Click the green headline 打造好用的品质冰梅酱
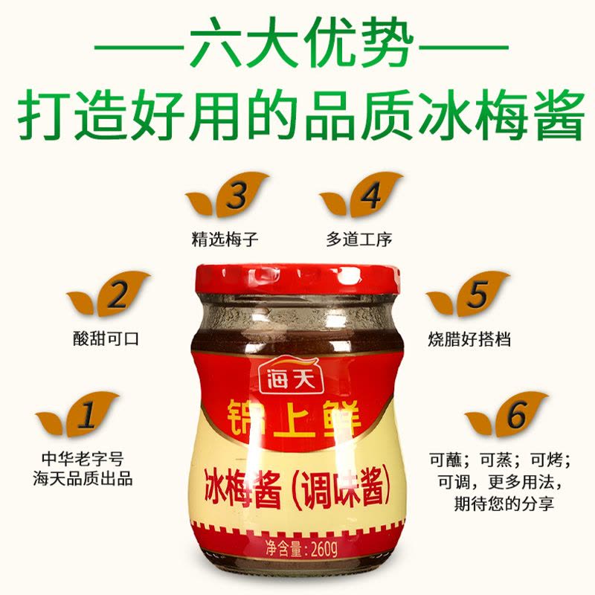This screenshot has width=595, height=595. point(300,113)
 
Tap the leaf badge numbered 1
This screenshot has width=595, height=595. point(78,414)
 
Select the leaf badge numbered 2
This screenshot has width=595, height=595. point(109,294)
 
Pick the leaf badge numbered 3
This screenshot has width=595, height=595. point(228,195)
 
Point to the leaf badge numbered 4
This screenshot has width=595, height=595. point(361,195)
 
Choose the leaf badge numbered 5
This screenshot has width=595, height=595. point(468,294)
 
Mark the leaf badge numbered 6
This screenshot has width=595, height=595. point(507,414)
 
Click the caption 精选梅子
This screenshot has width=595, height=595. point(225,239)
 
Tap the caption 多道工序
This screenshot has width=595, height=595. point(359,239)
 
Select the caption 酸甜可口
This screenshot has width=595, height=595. point(106,339)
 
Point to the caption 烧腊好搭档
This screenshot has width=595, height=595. point(469,339)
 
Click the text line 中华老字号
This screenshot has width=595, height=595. point(83,459)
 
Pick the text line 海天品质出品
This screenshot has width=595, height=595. point(83,479)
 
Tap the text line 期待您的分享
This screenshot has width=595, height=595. point(504,504)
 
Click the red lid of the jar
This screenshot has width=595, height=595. point(298,280)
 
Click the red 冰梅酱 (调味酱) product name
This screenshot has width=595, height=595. point(297,489)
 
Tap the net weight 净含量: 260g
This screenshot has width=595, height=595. point(301,547)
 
